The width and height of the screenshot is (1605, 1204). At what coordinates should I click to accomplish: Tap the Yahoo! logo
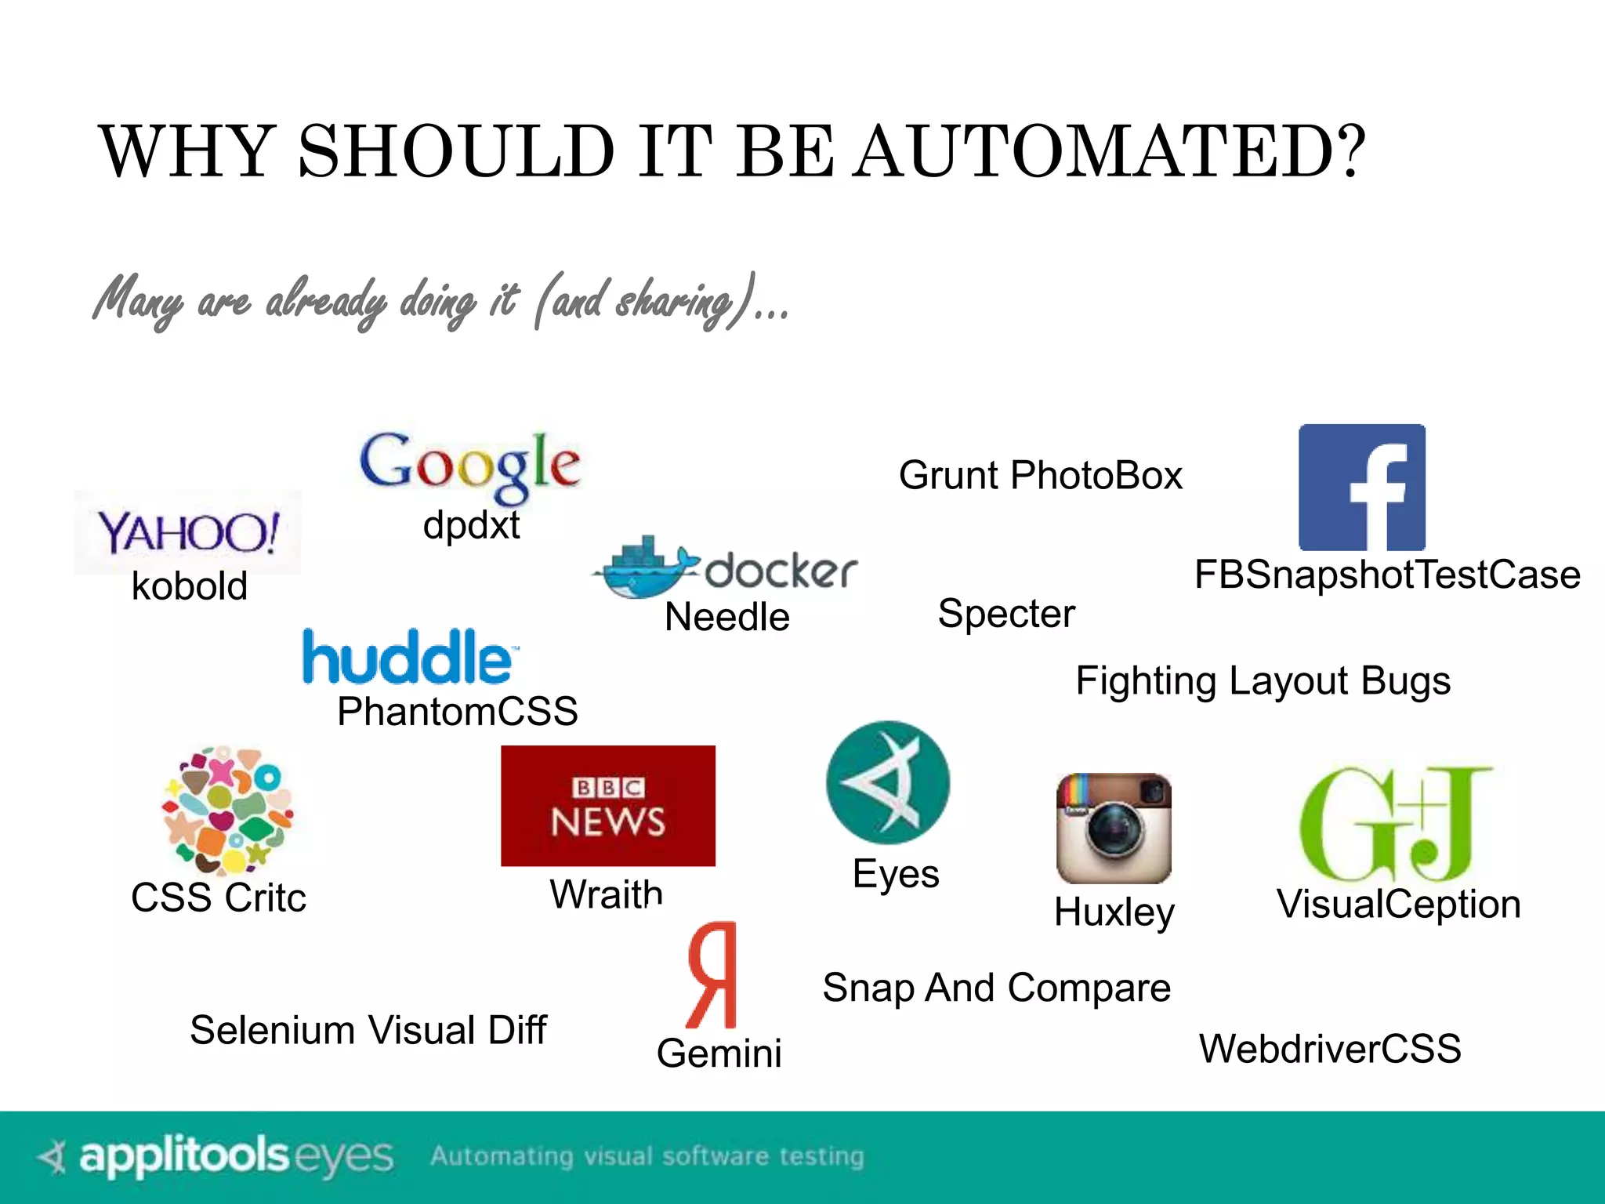pyautogui.click(x=188, y=532)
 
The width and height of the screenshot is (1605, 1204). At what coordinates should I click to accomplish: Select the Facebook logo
pyautogui.click(x=1362, y=488)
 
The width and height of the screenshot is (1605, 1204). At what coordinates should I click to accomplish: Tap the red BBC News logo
pyautogui.click(x=608, y=806)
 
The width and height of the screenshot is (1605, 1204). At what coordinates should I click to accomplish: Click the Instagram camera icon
pyautogui.click(x=1114, y=829)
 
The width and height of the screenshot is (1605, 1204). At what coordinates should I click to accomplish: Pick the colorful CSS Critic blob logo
pyautogui.click(x=227, y=810)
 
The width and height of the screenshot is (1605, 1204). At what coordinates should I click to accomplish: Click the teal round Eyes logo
pyautogui.click(x=888, y=782)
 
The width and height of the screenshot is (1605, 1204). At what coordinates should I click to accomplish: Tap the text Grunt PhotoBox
pyautogui.click(x=1040, y=475)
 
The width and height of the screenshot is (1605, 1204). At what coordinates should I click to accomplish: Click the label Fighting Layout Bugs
pyautogui.click(x=1263, y=680)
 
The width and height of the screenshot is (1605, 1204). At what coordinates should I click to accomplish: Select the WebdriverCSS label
pyautogui.click(x=1330, y=1048)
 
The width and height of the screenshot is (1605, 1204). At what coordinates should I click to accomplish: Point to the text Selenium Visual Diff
pyautogui.click(x=368, y=1030)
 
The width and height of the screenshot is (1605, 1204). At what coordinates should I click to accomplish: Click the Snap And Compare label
pyautogui.click(x=996, y=988)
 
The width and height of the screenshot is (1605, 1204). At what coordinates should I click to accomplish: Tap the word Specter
pyautogui.click(x=1006, y=613)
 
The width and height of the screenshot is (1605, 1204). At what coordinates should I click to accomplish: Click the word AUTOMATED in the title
pyautogui.click(x=1109, y=151)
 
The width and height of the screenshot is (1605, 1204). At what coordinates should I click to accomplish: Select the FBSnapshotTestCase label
pyautogui.click(x=1387, y=575)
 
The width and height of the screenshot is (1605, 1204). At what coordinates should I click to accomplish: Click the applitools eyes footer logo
pyautogui.click(x=216, y=1156)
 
